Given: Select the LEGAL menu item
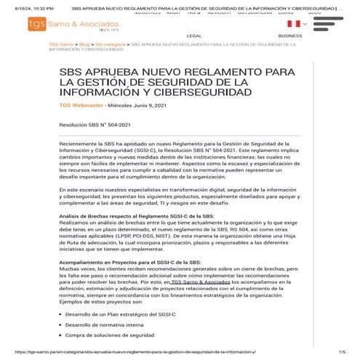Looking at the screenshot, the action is [194, 35].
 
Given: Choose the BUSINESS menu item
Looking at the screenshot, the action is [290, 35].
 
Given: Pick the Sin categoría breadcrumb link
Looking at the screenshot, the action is [111, 44].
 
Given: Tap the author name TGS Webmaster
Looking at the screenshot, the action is [81, 105].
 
